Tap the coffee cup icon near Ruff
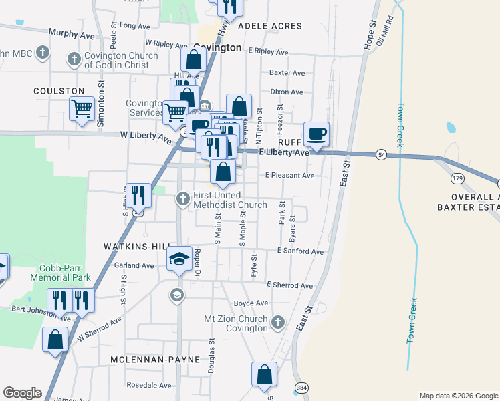(316, 134)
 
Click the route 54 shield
(380, 154)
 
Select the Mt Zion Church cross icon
(279, 324)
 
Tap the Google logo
(22, 393)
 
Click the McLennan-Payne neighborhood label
(155, 360)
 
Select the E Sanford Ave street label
(301, 252)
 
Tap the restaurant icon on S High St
(138, 195)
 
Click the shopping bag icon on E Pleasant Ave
(223, 172)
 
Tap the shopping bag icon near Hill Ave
(194, 59)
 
